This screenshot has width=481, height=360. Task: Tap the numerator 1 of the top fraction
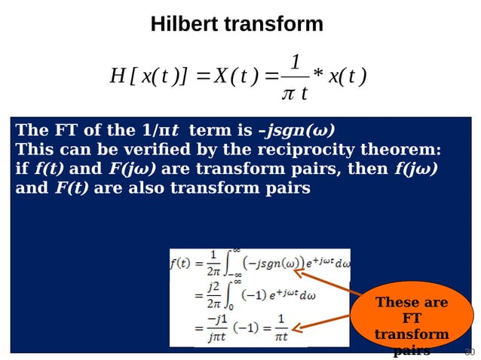(296, 62)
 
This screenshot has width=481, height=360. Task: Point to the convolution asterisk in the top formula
(319, 77)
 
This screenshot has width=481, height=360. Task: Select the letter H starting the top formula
(118, 77)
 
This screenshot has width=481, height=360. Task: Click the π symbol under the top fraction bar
(286, 93)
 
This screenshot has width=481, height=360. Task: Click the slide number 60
(469, 352)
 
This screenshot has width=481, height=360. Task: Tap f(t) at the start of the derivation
(179, 265)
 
